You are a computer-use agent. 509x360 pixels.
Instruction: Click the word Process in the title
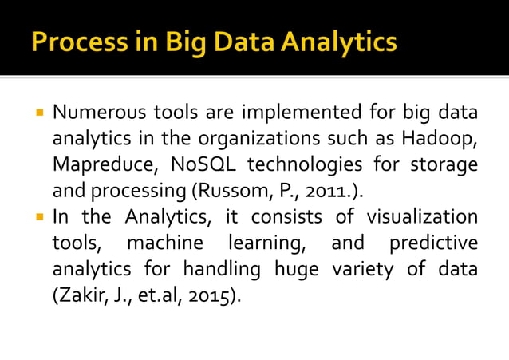[x=72, y=42]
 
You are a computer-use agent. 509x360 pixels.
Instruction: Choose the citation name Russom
[x=246, y=192]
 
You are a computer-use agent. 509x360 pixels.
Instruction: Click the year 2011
[x=328, y=192]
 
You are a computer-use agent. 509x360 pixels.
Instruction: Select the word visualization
[x=422, y=216]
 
